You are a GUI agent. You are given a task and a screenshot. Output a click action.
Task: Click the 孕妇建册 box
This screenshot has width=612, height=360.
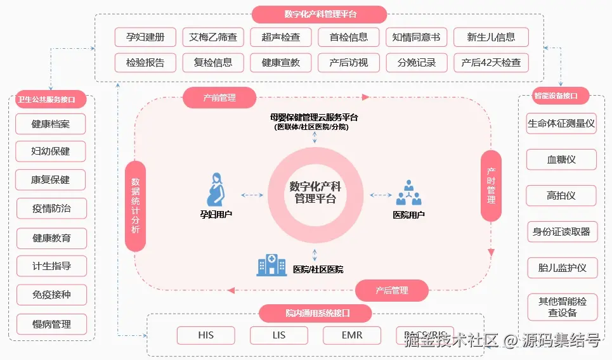click(145, 37)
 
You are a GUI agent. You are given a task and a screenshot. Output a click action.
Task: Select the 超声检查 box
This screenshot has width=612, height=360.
click(280, 37)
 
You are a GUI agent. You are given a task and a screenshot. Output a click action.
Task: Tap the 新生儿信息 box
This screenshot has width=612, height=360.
click(490, 37)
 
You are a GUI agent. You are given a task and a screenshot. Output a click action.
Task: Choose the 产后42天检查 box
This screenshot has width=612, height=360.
click(490, 63)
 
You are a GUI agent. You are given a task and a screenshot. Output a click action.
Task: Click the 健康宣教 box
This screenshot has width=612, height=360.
click(280, 63)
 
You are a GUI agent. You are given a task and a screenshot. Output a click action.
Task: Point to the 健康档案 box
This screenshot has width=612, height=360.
click(51, 124)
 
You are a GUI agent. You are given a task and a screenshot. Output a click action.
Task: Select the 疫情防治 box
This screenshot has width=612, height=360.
click(51, 209)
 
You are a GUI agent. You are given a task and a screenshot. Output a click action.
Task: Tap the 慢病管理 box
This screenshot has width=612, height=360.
click(51, 325)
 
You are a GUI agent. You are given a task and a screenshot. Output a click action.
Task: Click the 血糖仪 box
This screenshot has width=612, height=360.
click(561, 160)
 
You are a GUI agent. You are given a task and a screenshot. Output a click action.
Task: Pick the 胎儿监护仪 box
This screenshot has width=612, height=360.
click(561, 267)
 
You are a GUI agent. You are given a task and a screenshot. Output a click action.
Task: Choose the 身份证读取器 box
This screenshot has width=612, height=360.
click(561, 232)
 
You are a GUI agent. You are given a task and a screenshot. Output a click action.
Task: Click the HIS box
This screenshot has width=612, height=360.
click(205, 335)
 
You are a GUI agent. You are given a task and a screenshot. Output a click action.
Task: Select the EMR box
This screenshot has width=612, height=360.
click(351, 335)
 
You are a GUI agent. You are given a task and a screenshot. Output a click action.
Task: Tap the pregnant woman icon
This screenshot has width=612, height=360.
click(216, 190)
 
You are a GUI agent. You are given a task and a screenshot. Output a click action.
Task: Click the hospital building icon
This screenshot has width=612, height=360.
click(271, 265)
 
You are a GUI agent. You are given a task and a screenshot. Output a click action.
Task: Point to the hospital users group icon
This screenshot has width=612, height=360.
click(408, 192)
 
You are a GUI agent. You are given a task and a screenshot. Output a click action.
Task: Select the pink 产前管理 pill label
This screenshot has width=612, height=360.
click(219, 98)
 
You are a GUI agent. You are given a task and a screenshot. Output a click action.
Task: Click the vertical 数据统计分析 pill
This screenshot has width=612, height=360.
click(135, 205)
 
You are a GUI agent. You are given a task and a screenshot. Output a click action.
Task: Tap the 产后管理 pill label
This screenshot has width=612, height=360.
click(391, 290)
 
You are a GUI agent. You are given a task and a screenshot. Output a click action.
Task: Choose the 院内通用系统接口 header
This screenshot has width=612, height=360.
click(315, 313)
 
